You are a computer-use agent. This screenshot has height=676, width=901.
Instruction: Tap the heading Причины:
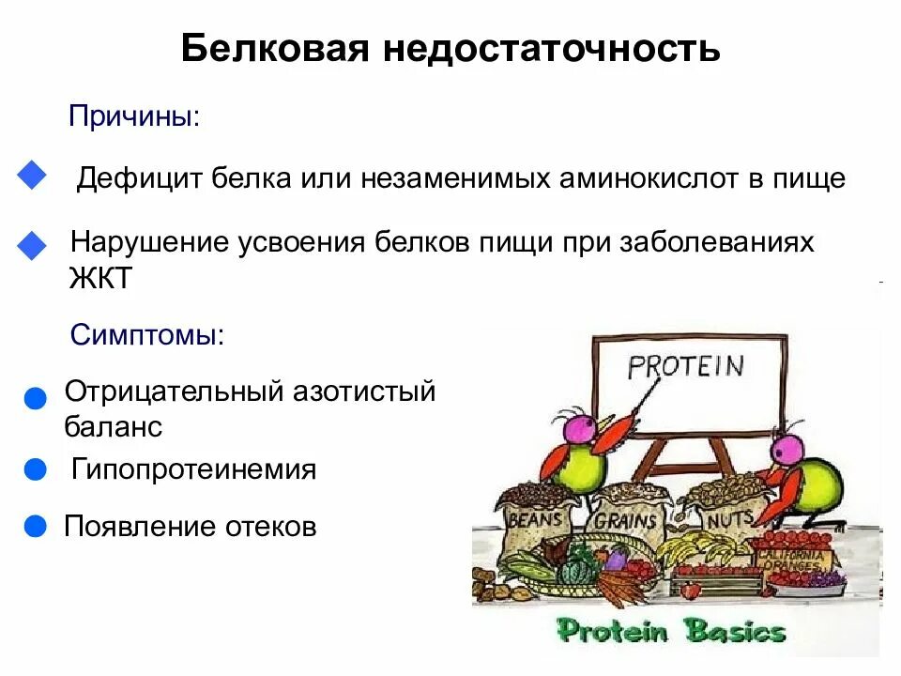pos(133,117)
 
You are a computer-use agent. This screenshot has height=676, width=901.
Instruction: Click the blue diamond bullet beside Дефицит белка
pos(32,176)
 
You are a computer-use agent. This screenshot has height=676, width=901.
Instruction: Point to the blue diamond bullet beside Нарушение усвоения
pos(32,246)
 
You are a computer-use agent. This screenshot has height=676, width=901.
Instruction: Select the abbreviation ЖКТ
pos(101,279)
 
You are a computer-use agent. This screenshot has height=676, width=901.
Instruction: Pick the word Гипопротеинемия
pos(193,469)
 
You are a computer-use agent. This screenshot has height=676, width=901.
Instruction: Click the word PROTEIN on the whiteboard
pos(685,364)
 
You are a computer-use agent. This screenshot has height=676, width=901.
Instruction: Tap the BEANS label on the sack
pos(534,518)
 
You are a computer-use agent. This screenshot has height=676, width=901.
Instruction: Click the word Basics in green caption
pos(736,630)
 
